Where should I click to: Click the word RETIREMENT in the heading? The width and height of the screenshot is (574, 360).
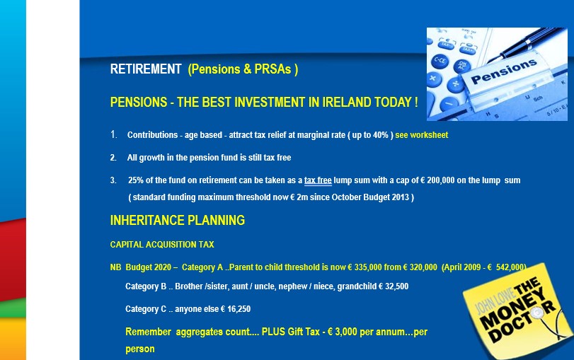[x=146, y=69]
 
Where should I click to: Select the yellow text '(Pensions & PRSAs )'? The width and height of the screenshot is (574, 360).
[x=243, y=69]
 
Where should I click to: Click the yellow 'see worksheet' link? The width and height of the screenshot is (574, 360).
[x=422, y=135]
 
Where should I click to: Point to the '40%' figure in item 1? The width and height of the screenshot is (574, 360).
[x=381, y=135]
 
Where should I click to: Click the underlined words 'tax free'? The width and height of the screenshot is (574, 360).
[x=318, y=180]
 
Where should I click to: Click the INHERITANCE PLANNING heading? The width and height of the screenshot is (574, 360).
[x=178, y=220]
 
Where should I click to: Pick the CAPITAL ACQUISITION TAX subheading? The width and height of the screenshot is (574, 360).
[x=162, y=245]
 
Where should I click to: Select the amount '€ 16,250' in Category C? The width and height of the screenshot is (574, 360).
[x=236, y=309]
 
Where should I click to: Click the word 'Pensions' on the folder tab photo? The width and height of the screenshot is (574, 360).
[x=504, y=71]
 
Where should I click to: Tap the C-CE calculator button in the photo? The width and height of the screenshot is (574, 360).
[x=440, y=61]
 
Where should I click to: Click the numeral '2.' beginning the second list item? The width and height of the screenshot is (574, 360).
[x=113, y=158]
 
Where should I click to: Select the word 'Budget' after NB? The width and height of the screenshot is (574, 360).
[x=148, y=267]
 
